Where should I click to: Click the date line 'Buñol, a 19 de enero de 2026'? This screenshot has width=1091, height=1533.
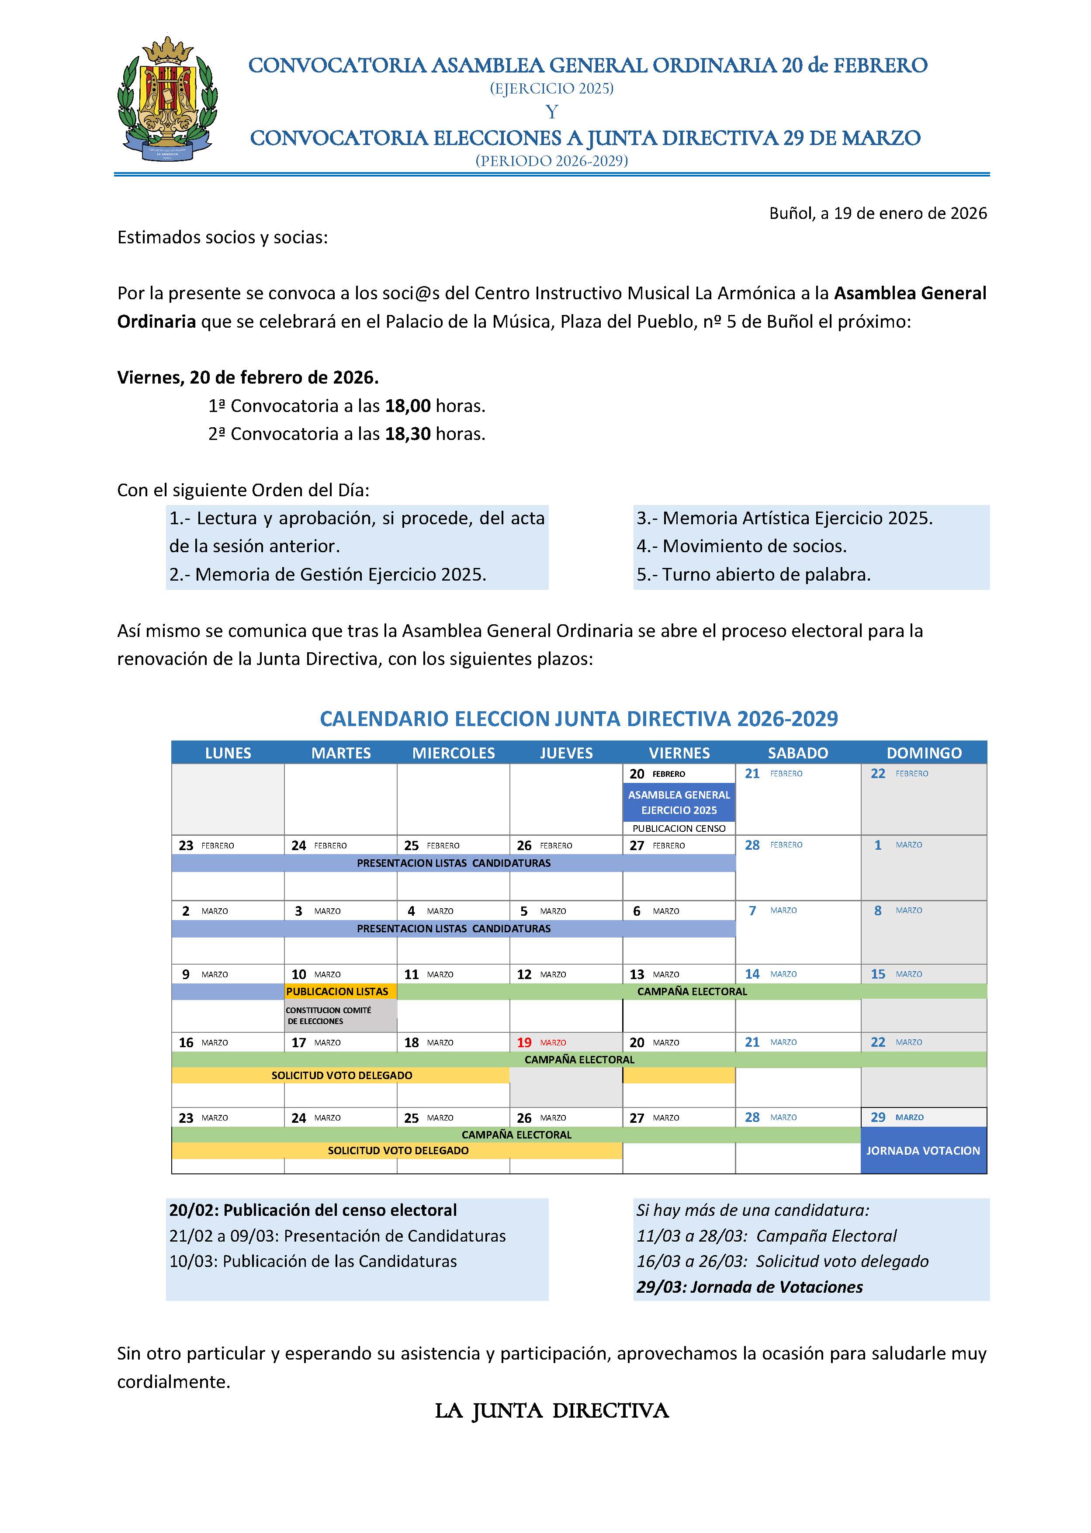[x=877, y=214]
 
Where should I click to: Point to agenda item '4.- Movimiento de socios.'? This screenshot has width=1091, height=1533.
[x=741, y=546]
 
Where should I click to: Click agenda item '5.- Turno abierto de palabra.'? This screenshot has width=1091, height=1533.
[x=753, y=574]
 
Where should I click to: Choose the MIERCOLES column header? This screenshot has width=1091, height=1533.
[x=454, y=753]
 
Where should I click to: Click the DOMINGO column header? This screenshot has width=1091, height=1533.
[x=924, y=753]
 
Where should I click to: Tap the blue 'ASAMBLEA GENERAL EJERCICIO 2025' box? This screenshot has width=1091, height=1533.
[x=679, y=802]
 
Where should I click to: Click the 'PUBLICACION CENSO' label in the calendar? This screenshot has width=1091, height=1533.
[x=679, y=828]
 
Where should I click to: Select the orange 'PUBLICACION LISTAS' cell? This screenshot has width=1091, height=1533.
[x=337, y=992]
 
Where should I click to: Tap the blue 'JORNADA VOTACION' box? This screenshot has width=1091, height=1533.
[x=923, y=1151]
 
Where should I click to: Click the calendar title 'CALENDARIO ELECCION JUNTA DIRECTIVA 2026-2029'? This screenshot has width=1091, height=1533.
[x=578, y=719]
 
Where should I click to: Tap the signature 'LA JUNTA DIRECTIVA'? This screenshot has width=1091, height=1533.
[x=551, y=1411]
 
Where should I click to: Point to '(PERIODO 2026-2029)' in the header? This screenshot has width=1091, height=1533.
[x=551, y=161]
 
